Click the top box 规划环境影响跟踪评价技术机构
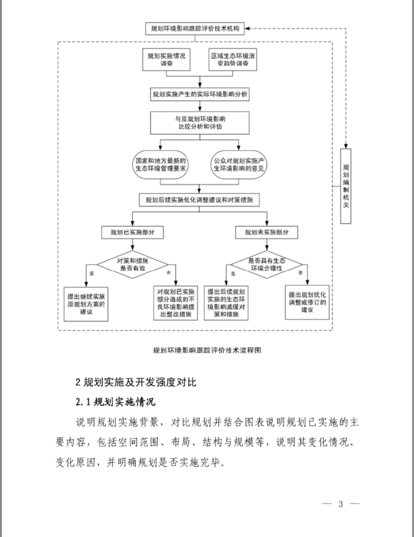pos(195,29)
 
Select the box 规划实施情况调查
pos(166,59)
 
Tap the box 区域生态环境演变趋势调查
pos(233,59)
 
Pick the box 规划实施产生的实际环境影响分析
pos(200,94)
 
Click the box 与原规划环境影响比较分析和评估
pos(200,123)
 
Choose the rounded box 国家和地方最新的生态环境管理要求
pos(161,165)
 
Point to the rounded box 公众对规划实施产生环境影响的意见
pos(239,165)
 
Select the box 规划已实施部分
pos(132,232)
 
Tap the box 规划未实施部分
pos(267,232)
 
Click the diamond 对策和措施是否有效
pos(132,264)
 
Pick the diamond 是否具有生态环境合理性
pos(266,264)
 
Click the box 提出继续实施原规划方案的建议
pos(86,304)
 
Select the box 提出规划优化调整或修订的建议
pos(307,302)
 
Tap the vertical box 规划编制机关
pos(346,186)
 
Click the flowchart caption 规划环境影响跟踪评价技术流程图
pos(207,350)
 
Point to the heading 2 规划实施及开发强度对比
pos(136,382)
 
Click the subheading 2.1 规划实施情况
pos(115,402)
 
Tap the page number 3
pos(340,504)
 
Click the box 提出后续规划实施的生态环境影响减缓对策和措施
pos(226,303)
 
